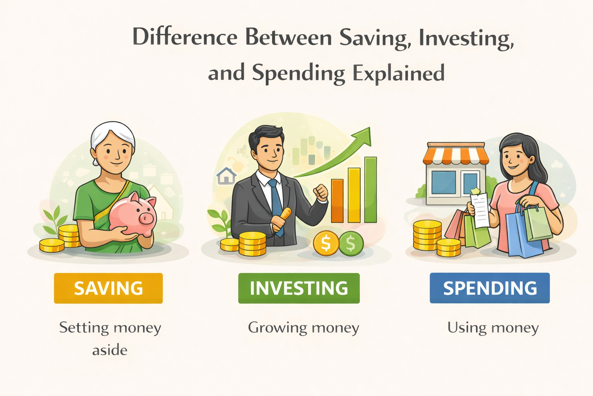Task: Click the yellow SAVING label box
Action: (x=108, y=288)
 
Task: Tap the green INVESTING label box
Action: (x=299, y=288)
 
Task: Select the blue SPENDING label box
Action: (x=490, y=288)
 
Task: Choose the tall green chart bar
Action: (x=371, y=189)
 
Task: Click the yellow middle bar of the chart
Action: (x=354, y=195)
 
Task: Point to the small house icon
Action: (x=226, y=176)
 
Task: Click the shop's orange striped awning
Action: (x=456, y=154)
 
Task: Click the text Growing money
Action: (x=303, y=328)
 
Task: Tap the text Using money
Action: (x=493, y=328)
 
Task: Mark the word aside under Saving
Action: (x=110, y=350)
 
